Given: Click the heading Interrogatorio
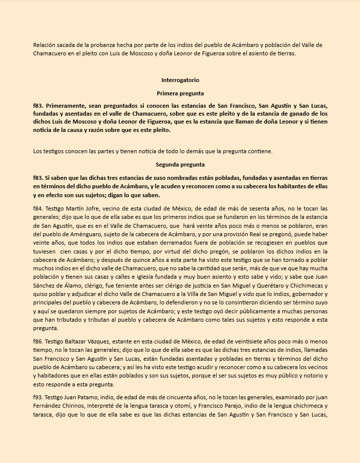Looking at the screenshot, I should pos(180,80).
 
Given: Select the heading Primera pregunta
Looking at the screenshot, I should pos(180,93).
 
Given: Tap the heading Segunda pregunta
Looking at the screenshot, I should pos(180,165).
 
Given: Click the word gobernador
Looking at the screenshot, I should pos(298,294).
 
